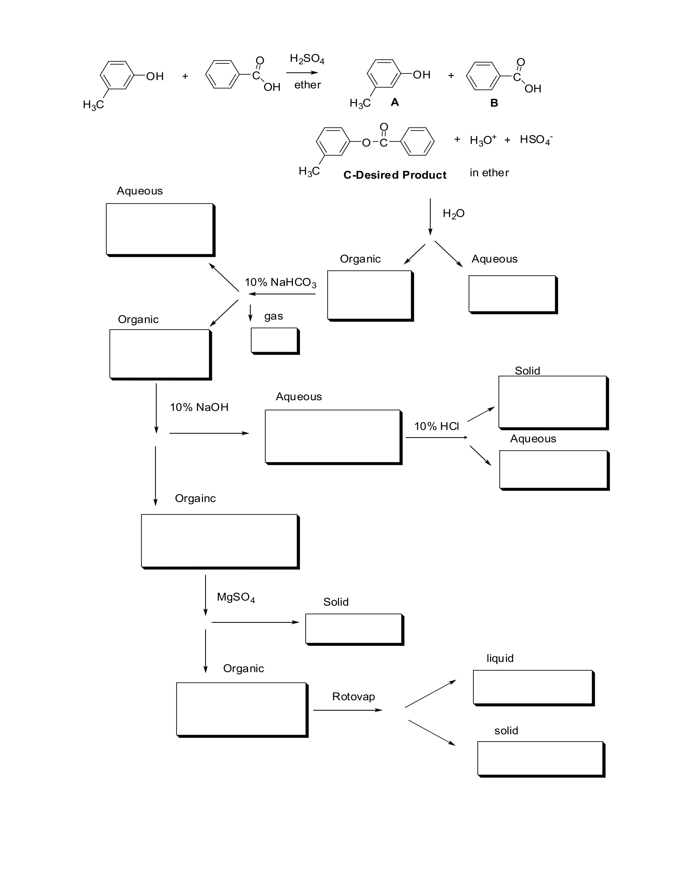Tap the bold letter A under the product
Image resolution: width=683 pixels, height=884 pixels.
point(395,102)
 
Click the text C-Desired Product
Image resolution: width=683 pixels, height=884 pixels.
point(395,175)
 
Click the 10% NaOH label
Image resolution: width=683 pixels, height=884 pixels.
point(199,407)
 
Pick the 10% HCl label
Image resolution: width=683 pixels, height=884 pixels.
point(436,426)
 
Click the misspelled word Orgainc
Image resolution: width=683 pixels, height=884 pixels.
point(195,498)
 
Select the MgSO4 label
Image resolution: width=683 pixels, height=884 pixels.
point(236,597)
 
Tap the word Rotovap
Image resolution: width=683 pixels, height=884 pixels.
point(353,696)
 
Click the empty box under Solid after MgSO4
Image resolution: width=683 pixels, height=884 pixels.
point(353,629)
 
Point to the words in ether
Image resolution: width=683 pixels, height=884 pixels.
point(489,173)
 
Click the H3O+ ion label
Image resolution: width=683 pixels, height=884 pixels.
point(483,140)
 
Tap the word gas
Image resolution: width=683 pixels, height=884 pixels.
point(273,316)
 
